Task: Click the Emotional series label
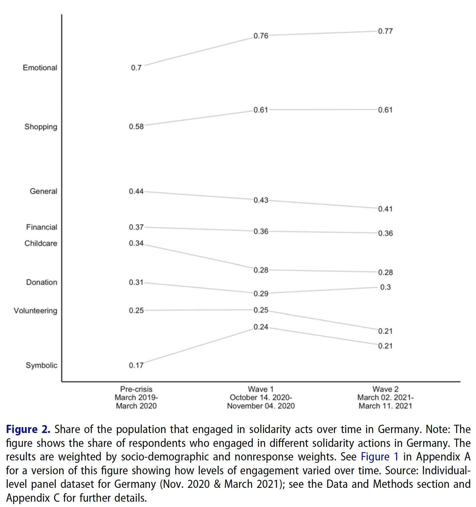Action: click(40, 68)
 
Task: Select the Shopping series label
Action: click(41, 127)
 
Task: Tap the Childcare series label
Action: click(41, 243)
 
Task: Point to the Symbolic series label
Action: click(41, 366)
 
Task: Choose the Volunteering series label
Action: click(35, 311)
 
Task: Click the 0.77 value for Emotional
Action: click(385, 31)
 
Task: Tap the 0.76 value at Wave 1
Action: click(261, 36)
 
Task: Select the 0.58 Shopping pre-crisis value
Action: click(136, 127)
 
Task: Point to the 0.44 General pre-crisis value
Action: click(136, 191)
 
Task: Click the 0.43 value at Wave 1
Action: click(261, 200)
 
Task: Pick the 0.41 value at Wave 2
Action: click(385, 209)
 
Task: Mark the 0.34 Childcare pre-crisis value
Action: click(136, 243)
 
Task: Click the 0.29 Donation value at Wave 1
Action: click(261, 294)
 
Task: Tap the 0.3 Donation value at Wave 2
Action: click(385, 287)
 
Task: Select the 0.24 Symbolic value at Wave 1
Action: click(261, 327)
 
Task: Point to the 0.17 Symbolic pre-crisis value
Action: click(136, 366)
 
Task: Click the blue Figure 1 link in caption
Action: click(379, 457)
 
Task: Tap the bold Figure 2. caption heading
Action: click(28, 429)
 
